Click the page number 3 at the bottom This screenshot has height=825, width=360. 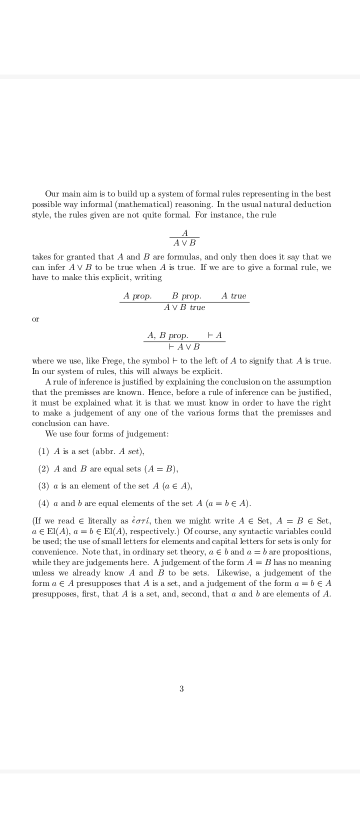(181, 689)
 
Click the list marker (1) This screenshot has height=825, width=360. (43, 451)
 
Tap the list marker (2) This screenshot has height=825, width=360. (43, 469)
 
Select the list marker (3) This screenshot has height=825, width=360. (43, 486)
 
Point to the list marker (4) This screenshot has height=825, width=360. (43, 503)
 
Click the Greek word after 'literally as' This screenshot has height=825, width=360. (141, 521)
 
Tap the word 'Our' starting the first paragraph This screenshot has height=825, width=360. (52, 194)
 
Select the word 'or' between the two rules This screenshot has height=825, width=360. (35, 319)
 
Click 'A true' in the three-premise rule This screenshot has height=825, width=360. (234, 296)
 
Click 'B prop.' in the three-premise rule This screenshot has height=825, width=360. (186, 296)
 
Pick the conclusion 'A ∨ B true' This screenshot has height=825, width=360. (184, 307)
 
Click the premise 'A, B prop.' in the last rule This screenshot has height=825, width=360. (168, 335)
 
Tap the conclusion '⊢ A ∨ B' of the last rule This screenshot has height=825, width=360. (184, 346)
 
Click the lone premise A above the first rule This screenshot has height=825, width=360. (185, 233)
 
